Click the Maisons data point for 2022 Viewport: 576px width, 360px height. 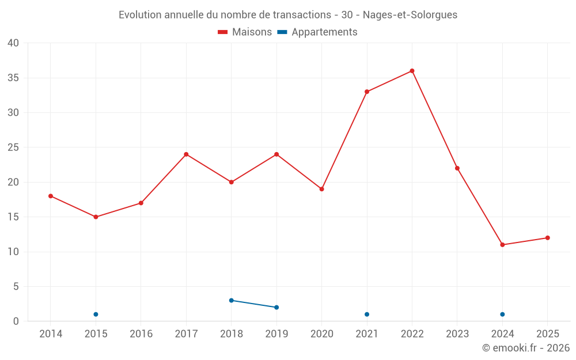pos(412,71)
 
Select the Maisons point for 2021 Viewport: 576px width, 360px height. pos(367,92)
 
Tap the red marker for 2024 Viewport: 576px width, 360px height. pos(502,245)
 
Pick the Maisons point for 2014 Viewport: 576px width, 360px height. pos(51,196)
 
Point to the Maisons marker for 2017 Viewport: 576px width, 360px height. pos(186,154)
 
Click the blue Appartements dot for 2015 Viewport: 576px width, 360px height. pos(96,314)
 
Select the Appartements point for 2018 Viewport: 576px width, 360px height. pos(232,300)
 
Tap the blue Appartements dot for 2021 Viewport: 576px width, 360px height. pos(367,314)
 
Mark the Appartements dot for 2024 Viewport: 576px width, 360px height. pos(502,314)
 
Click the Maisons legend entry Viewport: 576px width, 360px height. pos(245,32)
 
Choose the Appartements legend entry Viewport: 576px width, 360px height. pos(317,32)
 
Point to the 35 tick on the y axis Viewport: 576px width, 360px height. pos(13,78)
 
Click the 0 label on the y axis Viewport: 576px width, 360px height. pos(16,321)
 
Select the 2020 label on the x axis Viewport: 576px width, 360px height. pos(322,334)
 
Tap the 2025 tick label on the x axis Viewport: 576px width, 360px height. pos(548,334)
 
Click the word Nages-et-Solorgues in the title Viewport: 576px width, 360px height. pos(410,15)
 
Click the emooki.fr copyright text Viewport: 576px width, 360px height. pos(525,348)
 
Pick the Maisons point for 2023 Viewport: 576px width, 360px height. pos(457,168)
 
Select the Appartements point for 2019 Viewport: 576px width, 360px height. pos(276,307)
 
